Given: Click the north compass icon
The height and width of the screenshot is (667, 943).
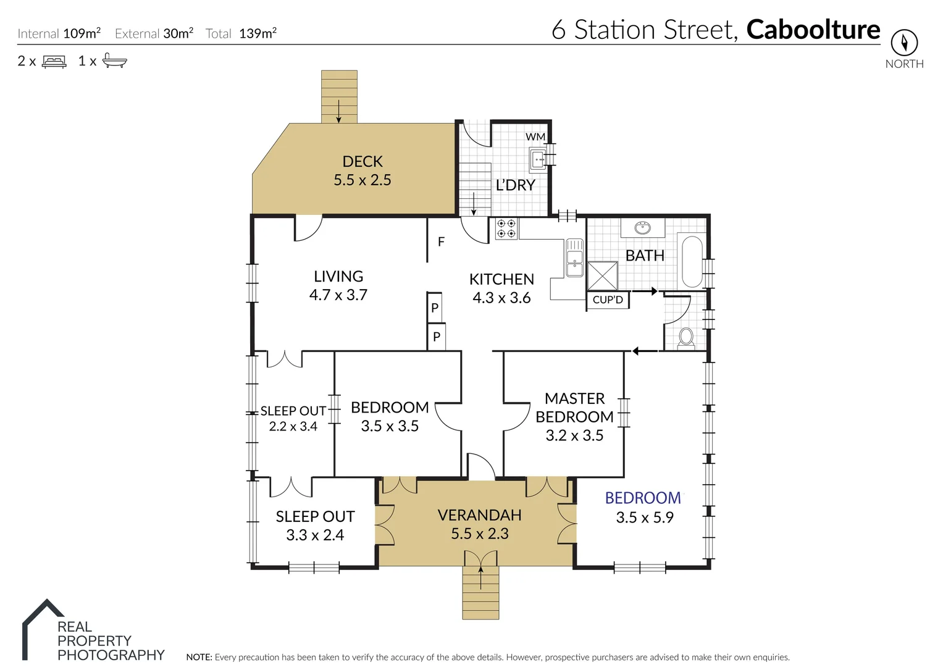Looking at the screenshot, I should [903, 43].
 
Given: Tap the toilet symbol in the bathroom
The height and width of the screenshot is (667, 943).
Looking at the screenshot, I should [686, 337].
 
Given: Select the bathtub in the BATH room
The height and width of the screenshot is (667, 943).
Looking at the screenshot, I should [692, 261].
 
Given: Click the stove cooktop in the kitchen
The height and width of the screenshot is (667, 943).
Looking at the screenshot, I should [506, 229].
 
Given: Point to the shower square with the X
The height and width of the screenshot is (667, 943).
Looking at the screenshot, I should [602, 275].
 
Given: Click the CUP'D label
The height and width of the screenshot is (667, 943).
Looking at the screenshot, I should [608, 300].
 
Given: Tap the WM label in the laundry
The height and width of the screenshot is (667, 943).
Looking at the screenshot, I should [535, 136].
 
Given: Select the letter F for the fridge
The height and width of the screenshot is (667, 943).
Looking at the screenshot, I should [441, 241].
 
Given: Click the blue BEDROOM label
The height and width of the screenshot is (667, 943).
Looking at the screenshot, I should [643, 498].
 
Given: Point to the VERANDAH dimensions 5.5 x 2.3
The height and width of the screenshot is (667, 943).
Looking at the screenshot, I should [479, 534].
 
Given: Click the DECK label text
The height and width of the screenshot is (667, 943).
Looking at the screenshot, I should [363, 162].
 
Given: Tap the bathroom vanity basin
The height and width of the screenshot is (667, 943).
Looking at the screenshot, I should [642, 228].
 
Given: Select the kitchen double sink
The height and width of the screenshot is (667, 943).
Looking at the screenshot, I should [574, 258].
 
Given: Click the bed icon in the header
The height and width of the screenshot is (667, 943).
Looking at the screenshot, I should [54, 62].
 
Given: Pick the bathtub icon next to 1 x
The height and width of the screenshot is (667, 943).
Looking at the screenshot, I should [114, 61].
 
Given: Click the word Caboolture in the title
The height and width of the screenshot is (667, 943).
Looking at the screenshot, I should [813, 30].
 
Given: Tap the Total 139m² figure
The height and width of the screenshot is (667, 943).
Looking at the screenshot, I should [258, 33].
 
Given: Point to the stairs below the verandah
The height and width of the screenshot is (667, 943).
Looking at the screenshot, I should [480, 593].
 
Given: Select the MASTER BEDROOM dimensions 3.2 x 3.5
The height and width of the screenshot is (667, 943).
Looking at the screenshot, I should [574, 435].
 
